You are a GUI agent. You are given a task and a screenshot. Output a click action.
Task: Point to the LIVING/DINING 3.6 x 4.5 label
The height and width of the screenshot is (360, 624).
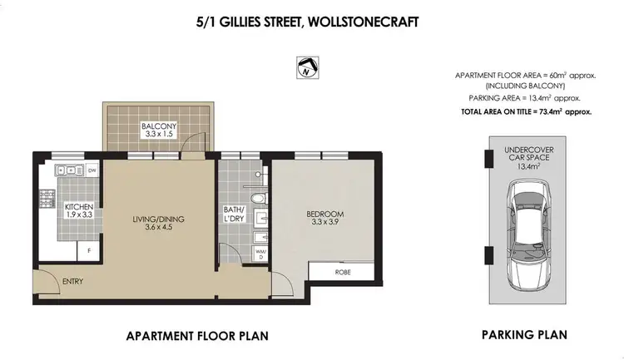click(x=157, y=224)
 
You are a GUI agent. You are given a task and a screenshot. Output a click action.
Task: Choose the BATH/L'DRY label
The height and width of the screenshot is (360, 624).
click(x=234, y=213)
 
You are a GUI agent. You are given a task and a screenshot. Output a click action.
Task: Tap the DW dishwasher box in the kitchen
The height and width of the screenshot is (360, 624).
click(x=91, y=171)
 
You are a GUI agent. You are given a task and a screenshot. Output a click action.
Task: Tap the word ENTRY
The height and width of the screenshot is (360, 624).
click(x=74, y=281)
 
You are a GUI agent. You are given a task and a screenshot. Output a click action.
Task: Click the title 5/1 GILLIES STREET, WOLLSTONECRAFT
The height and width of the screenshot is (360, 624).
click(x=313, y=16)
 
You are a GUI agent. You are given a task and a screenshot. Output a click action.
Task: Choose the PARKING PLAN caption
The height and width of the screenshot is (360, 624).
click(x=524, y=335)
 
